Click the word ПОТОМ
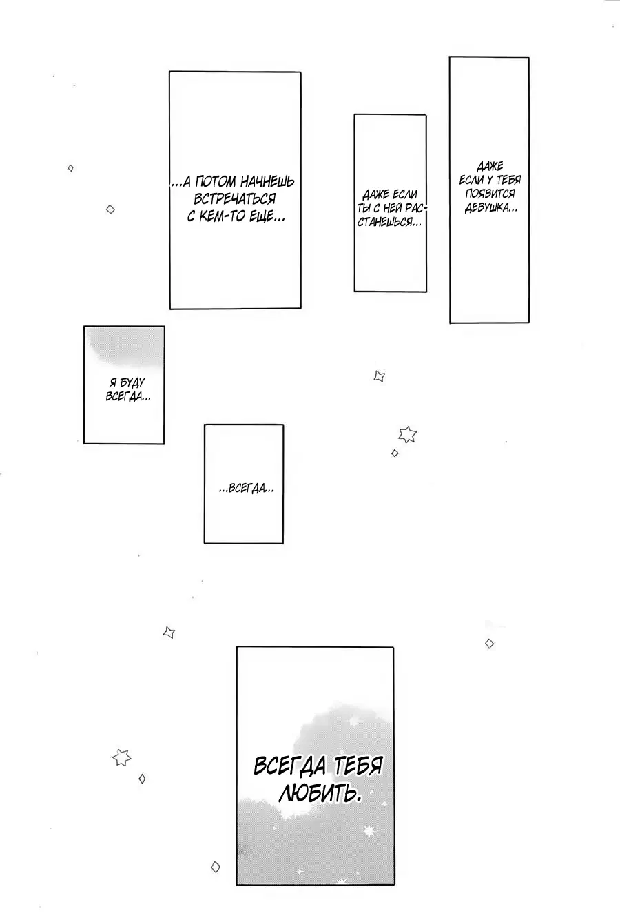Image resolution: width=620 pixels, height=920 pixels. tap(213, 181)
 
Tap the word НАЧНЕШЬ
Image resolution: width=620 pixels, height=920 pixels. tap(267, 181)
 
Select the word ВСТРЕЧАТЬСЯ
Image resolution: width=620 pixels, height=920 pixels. tap(235, 198)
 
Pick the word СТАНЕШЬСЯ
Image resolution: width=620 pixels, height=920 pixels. tap(389, 222)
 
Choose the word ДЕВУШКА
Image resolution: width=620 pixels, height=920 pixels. tap(490, 208)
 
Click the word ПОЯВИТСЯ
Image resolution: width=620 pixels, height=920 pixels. tap(489, 194)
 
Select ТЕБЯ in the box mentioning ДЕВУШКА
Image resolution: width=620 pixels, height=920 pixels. tap(508, 180)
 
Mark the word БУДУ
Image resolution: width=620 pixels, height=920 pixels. tap(133, 382)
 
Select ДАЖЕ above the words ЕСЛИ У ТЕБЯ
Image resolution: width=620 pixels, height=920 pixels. tap(490, 166)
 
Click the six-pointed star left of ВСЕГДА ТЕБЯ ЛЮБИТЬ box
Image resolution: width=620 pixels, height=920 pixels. tap(121, 757)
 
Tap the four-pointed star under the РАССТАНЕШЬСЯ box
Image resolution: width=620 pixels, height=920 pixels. tap(380, 376)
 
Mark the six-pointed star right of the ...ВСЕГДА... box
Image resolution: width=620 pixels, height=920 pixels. tap(407, 434)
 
